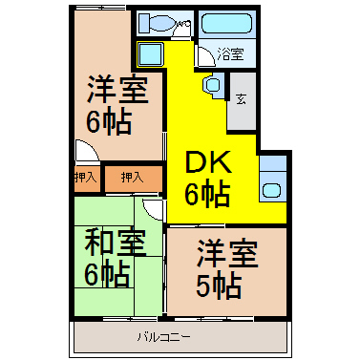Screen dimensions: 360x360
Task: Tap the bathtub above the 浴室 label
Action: pos(226,23)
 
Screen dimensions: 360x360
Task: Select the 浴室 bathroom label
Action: pos(231,54)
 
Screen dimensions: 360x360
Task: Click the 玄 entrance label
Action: pos(241,99)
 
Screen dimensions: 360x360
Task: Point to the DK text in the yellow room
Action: pos(208,161)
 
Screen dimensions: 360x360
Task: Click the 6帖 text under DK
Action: pos(207,194)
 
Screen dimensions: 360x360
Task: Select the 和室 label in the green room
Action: pos(115,242)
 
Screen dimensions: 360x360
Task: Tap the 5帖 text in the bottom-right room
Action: pos(219,286)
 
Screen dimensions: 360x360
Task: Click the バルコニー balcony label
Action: pos(164,336)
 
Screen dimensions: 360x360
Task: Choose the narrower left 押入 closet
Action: pos(86,177)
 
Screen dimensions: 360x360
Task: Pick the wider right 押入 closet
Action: pos(133,178)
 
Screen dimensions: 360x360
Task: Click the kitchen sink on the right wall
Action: pos(271,191)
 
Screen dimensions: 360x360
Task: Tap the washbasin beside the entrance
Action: pos(212,84)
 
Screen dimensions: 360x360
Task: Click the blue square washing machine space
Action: pos(150,54)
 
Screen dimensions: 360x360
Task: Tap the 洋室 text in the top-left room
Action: pos(118,90)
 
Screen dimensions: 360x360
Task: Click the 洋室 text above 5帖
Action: pos(227,253)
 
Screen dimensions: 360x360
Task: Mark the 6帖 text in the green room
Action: pos(107,274)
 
